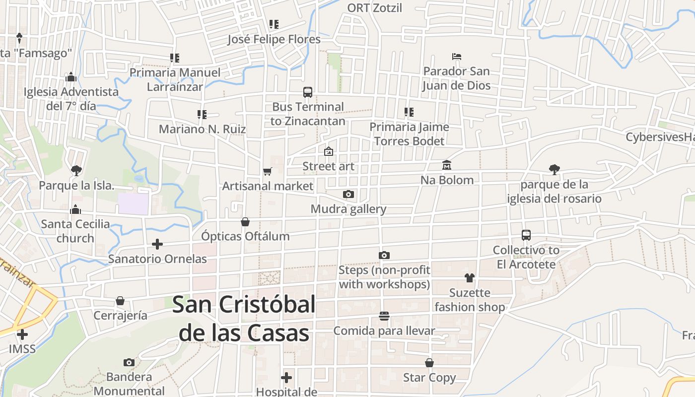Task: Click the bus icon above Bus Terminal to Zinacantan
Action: pos(308,92)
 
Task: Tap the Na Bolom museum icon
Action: pos(446,165)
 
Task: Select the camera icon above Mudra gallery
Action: pos(348,194)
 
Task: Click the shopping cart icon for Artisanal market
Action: pos(268,171)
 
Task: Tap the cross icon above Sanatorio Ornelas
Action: pos(157,244)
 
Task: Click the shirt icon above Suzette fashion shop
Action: pos(470,277)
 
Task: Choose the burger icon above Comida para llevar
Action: pos(384,316)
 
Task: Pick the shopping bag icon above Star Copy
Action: pos(429,363)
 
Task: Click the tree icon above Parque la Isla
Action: pos(76,171)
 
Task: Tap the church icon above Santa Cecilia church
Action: pos(75,209)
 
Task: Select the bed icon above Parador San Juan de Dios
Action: pos(457,57)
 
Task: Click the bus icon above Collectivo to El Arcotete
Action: pos(526,235)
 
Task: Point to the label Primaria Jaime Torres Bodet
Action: pos(409,134)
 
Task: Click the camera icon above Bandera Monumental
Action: pos(129,362)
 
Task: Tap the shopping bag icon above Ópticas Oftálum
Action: pos(245,221)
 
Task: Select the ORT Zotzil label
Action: pos(374,8)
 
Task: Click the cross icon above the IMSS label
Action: pos(22,334)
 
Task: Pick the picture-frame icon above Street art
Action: pos(328,151)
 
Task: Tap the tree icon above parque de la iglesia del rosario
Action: pos(554,170)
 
